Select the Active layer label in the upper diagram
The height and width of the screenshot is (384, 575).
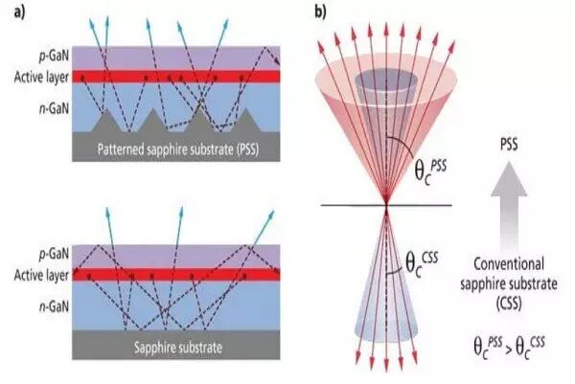point(33,77)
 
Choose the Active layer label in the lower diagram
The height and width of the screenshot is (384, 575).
point(33,265)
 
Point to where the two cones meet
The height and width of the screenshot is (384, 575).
point(385,204)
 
